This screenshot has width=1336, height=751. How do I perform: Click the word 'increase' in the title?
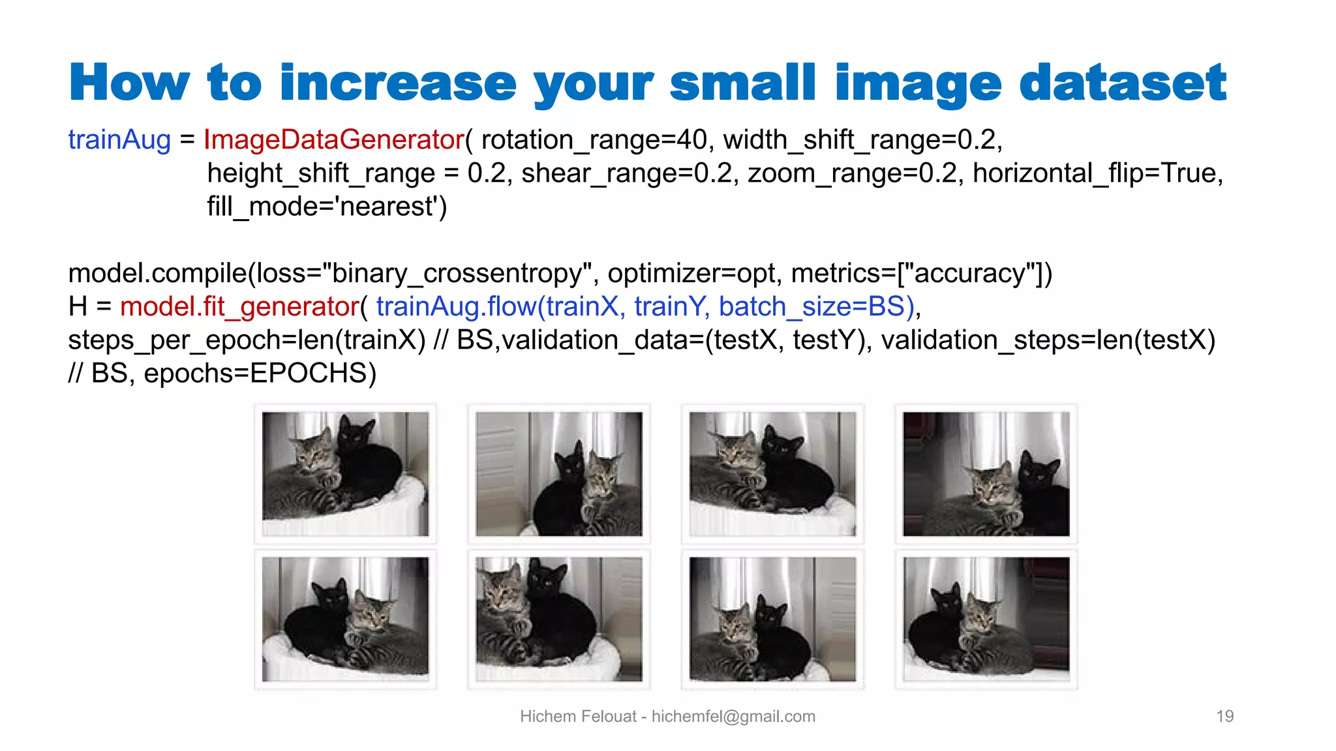(397, 83)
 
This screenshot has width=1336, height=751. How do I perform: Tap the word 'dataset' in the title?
(1122, 83)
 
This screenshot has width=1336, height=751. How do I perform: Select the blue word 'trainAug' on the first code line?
(119, 140)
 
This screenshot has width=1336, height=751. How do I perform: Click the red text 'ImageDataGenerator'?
(333, 140)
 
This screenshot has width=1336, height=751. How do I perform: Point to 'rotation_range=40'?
(594, 140)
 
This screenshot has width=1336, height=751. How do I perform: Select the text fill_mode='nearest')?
(327, 207)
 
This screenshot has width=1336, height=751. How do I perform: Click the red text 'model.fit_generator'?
(239, 306)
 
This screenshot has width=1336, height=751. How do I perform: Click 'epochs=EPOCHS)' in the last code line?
(260, 374)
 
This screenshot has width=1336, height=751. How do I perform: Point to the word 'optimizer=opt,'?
(695, 273)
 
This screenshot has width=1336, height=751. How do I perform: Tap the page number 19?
(1224, 716)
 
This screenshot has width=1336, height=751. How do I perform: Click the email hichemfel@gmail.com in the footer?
(733, 716)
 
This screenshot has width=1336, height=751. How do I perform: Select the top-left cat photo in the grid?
(345, 474)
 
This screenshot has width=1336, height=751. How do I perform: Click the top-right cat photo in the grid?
(986, 474)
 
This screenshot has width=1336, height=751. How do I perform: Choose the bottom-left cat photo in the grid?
(345, 619)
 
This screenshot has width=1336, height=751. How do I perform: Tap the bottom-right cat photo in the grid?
(986, 619)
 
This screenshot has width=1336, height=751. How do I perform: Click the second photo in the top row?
(558, 474)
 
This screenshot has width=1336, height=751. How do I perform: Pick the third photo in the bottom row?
(772, 619)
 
